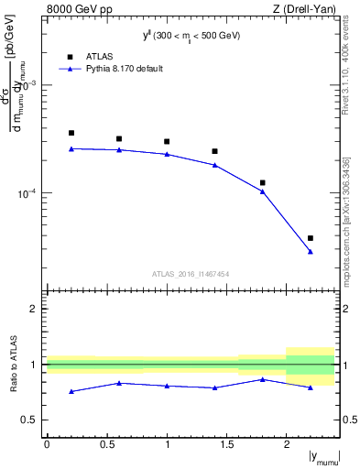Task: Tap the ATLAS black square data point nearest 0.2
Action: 71,133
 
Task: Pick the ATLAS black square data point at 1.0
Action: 167,141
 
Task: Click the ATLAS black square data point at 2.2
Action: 311,238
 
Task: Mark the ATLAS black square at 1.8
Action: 263,183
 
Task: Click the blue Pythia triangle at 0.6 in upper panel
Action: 119,149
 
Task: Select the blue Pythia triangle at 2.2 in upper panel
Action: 311,251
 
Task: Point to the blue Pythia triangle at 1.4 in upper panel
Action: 214,165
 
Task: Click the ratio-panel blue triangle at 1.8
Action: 263,379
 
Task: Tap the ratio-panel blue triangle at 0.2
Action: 71,391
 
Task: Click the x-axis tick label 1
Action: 167,443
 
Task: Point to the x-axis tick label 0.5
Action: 106,443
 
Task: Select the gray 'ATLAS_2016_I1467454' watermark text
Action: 191,273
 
